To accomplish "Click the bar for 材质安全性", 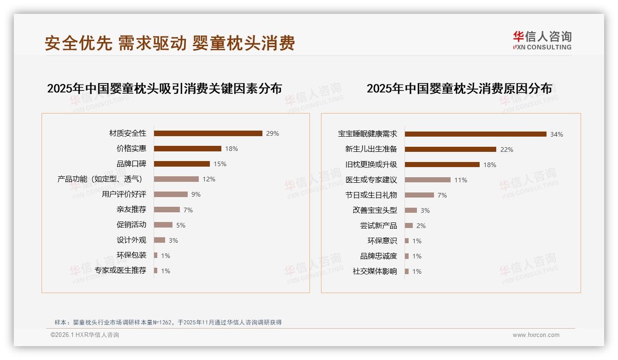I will pyautogui.click(x=208, y=133).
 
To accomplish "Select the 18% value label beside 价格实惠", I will pyautogui.click(x=232, y=149).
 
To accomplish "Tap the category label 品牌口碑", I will pyautogui.click(x=131, y=164).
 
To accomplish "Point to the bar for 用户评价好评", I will pyautogui.click(x=171, y=194).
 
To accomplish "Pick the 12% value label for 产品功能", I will pyautogui.click(x=209, y=179).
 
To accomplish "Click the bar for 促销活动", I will pyautogui.click(x=163, y=225).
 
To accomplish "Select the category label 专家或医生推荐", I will pyautogui.click(x=120, y=270).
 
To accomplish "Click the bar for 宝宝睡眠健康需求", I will pyautogui.click(x=475, y=134).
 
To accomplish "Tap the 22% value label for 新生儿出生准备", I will pyautogui.click(x=507, y=150).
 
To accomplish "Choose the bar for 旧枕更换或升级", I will pyautogui.click(x=442, y=164).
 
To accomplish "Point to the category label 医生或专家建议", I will pyautogui.click(x=371, y=180).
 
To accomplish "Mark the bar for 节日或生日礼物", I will pyautogui.click(x=419, y=195).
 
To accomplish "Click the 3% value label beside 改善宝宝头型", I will pyautogui.click(x=425, y=210).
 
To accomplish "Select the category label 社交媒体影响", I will pyautogui.click(x=375, y=271).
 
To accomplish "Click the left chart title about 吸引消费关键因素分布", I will pyautogui.click(x=165, y=88).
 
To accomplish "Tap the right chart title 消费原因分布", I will pyautogui.click(x=459, y=88).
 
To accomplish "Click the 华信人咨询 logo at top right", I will pyautogui.click(x=542, y=41).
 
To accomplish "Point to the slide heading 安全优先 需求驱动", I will pyautogui.click(x=170, y=43).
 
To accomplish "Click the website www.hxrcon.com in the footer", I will pyautogui.click(x=536, y=335).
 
